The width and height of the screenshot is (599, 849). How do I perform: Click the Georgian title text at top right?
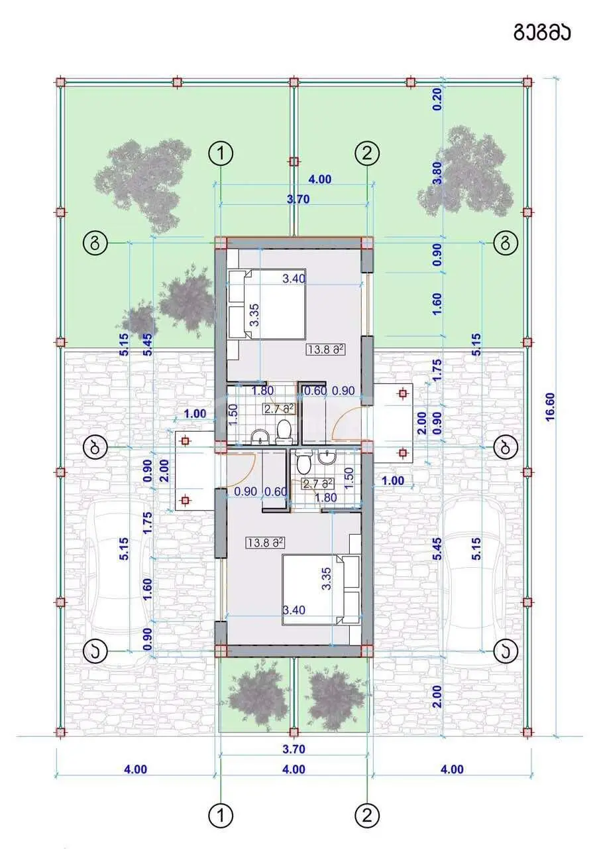pyautogui.click(x=542, y=33)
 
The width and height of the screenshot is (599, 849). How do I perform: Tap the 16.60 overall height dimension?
pyautogui.click(x=550, y=407)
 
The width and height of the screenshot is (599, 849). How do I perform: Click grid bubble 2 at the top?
pyautogui.click(x=367, y=153)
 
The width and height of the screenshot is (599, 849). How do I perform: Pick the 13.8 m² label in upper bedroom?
pyautogui.click(x=325, y=349)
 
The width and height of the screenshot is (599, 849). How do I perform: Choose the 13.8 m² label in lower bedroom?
pyautogui.click(x=265, y=543)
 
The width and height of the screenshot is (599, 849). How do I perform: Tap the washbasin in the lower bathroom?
pyautogui.click(x=326, y=458)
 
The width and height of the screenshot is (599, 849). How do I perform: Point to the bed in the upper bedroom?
pyautogui.click(x=266, y=304)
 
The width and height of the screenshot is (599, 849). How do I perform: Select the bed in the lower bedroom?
pyautogui.click(x=321, y=590)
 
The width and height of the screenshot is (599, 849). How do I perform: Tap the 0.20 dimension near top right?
pyautogui.click(x=437, y=99)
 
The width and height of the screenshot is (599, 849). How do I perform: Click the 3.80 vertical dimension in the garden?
pyautogui.click(x=437, y=173)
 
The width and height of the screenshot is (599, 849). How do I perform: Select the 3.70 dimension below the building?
pyautogui.click(x=294, y=749)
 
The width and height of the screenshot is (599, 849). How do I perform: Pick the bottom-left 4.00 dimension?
pyautogui.click(x=136, y=769)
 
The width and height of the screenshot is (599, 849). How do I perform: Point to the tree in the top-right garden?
pyautogui.click(x=466, y=171)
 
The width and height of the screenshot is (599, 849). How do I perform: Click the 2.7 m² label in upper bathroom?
pyautogui.click(x=279, y=409)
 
